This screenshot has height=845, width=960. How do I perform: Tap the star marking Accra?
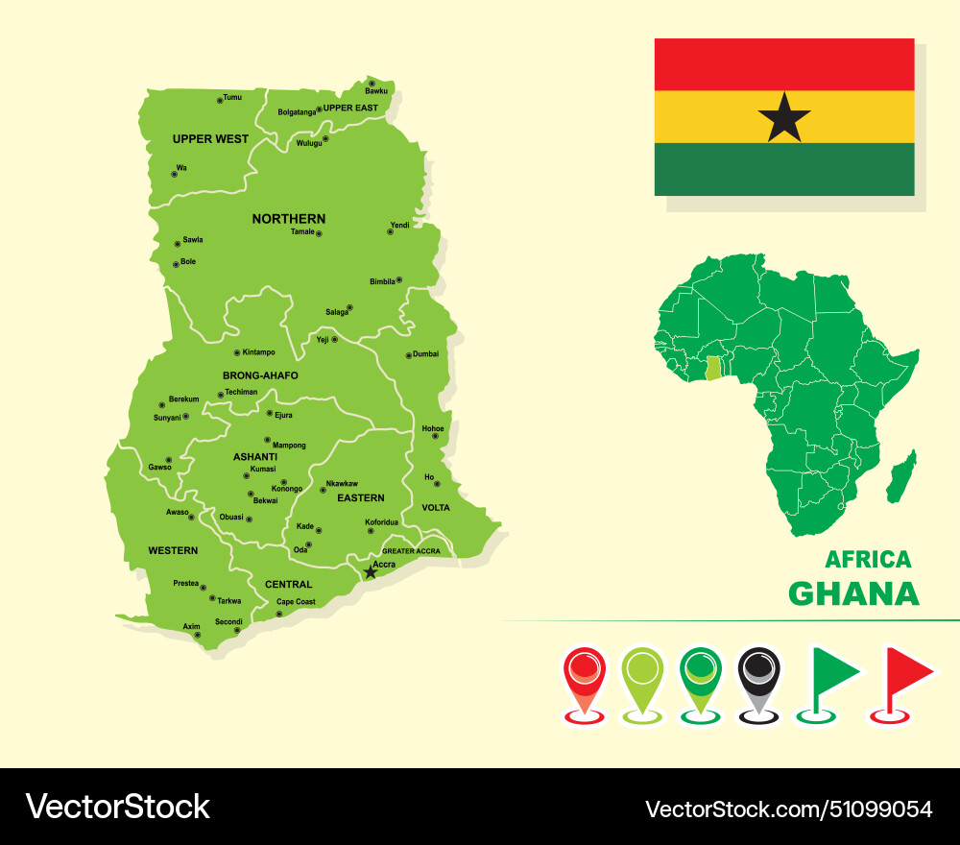coord(371,571)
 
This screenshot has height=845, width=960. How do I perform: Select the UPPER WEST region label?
coord(210,139)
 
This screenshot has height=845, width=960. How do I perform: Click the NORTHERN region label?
coord(289,219)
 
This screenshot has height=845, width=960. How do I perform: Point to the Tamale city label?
coord(302,231)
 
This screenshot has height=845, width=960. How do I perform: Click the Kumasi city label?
coord(263,470)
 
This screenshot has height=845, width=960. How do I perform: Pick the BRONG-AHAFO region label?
coord(260,375)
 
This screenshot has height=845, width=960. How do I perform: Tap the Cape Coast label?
coord(296,602)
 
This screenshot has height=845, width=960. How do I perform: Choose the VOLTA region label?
coord(436,508)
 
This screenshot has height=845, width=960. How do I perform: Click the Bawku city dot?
coord(372,84)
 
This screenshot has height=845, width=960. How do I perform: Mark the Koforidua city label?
coord(381,522)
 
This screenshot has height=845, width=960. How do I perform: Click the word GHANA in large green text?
coord(853,593)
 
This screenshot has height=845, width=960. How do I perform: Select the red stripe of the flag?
coord(784,64)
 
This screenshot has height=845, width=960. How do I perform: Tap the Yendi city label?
coord(399,225)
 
